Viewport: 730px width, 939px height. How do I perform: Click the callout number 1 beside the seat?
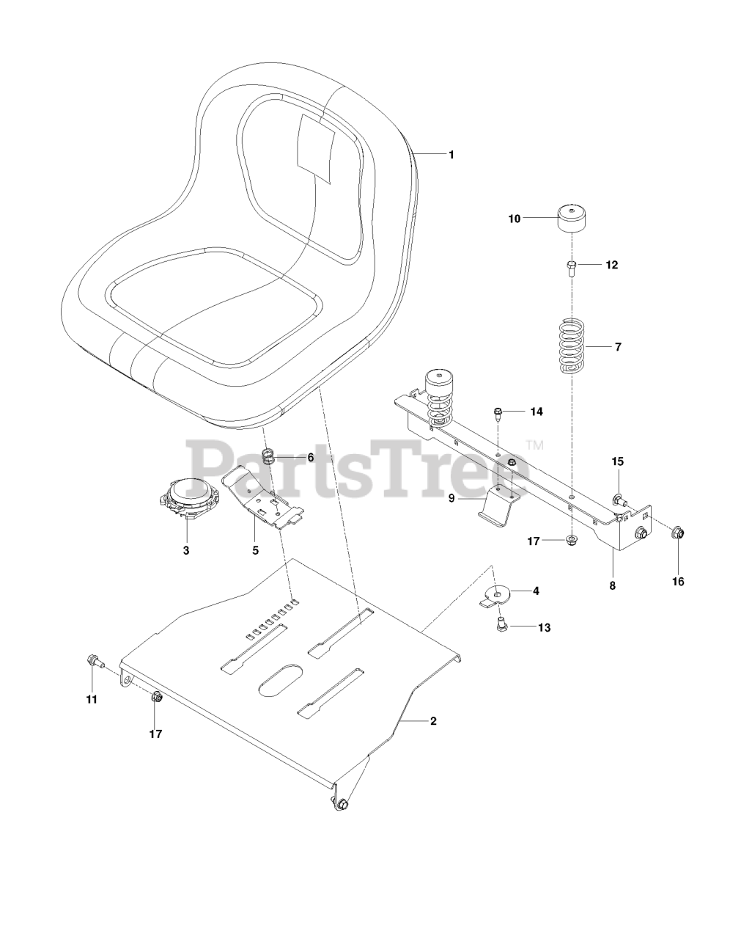pyautogui.click(x=451, y=155)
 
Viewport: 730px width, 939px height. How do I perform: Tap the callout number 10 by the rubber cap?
pyautogui.click(x=515, y=219)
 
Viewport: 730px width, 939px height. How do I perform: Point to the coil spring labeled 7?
pyautogui.click(x=572, y=346)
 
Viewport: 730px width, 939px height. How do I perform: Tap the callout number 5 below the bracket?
pyautogui.click(x=255, y=550)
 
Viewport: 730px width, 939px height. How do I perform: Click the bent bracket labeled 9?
pyautogui.click(x=498, y=506)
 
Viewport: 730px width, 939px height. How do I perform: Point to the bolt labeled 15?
pyautogui.click(x=619, y=501)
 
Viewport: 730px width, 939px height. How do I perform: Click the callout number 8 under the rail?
pyautogui.click(x=612, y=585)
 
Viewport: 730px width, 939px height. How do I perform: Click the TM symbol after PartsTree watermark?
pyautogui.click(x=534, y=445)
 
